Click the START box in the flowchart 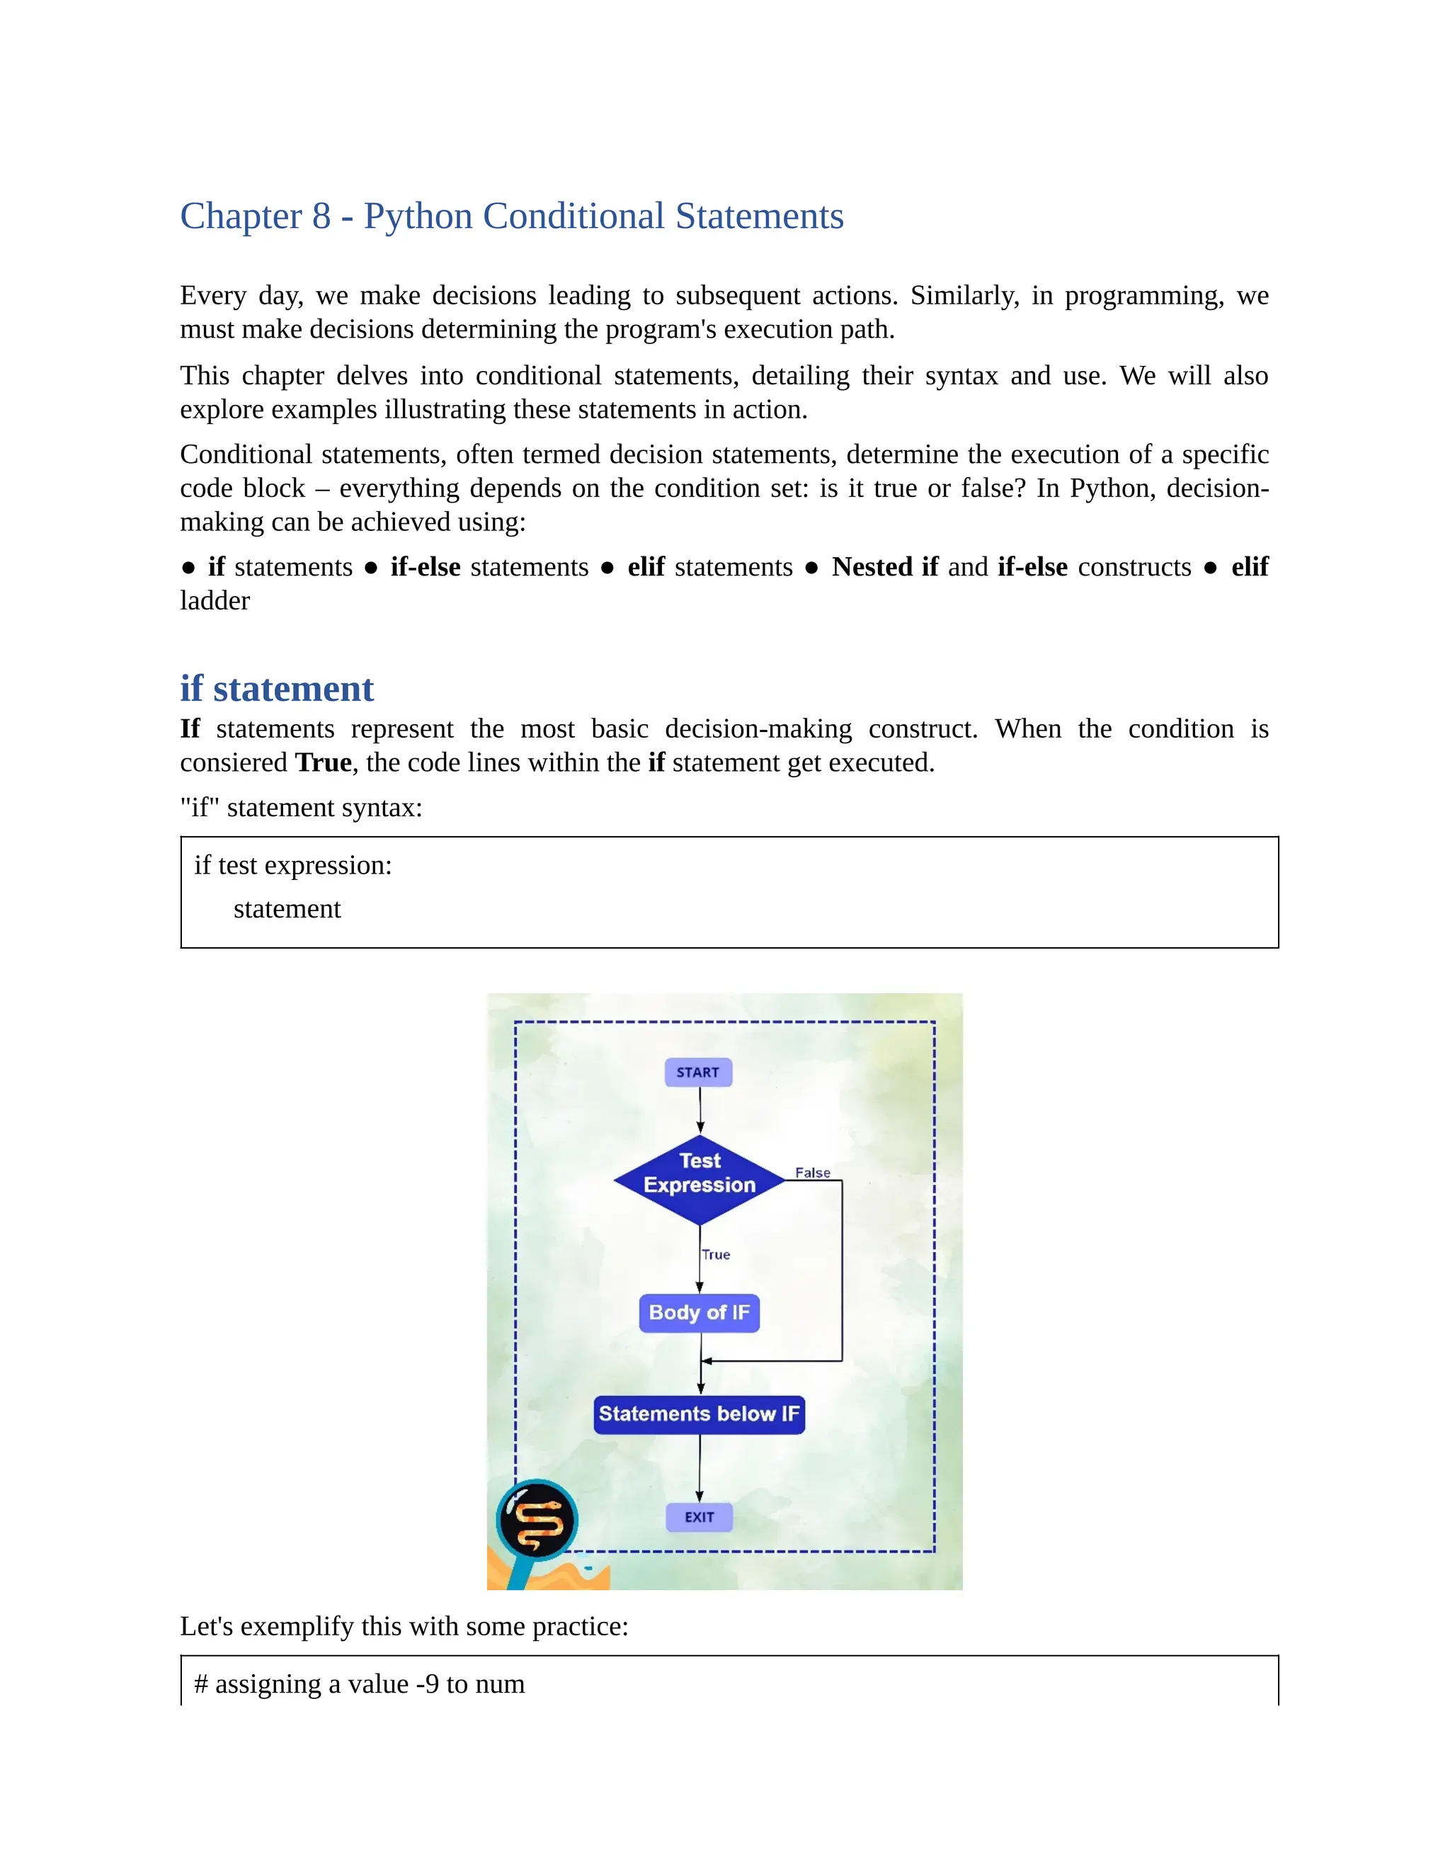point(697,1072)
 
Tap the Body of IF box point(700,1312)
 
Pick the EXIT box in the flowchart point(700,1517)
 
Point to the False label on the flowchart point(812,1172)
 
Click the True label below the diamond point(716,1254)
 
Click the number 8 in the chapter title point(321,217)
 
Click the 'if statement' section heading point(277,689)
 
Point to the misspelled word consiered point(234,762)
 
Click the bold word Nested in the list point(872,567)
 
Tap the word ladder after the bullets point(215,600)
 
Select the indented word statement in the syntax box point(287,909)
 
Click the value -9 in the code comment point(427,1684)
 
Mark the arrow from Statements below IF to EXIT point(700,1468)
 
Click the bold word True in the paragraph point(323,762)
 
